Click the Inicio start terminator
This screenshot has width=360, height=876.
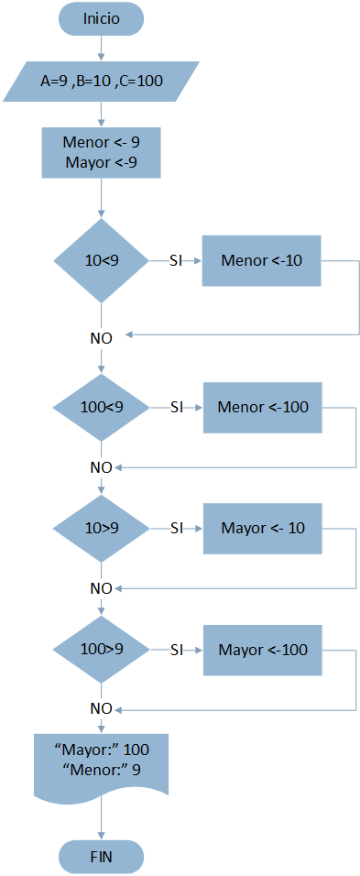tap(101, 19)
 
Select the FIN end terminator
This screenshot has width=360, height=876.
tap(101, 857)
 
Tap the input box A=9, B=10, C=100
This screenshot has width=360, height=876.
tap(101, 81)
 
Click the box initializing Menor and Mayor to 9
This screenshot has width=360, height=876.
tap(101, 152)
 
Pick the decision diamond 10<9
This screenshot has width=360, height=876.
tap(101, 260)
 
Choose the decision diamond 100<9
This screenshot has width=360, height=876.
tap(101, 406)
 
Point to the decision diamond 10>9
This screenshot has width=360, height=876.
tap(101, 528)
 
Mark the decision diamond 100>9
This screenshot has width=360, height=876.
tap(101, 650)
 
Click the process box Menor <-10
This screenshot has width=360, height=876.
tap(262, 260)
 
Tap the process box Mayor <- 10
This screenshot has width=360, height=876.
tap(262, 528)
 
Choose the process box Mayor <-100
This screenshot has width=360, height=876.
tap(262, 650)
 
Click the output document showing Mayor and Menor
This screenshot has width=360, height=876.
tap(101, 761)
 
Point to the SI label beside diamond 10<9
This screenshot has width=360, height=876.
tap(176, 260)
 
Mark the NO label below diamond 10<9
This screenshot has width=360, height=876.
tap(101, 337)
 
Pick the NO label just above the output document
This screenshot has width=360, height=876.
tap(101, 708)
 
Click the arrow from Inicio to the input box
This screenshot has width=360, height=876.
tap(101, 49)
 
